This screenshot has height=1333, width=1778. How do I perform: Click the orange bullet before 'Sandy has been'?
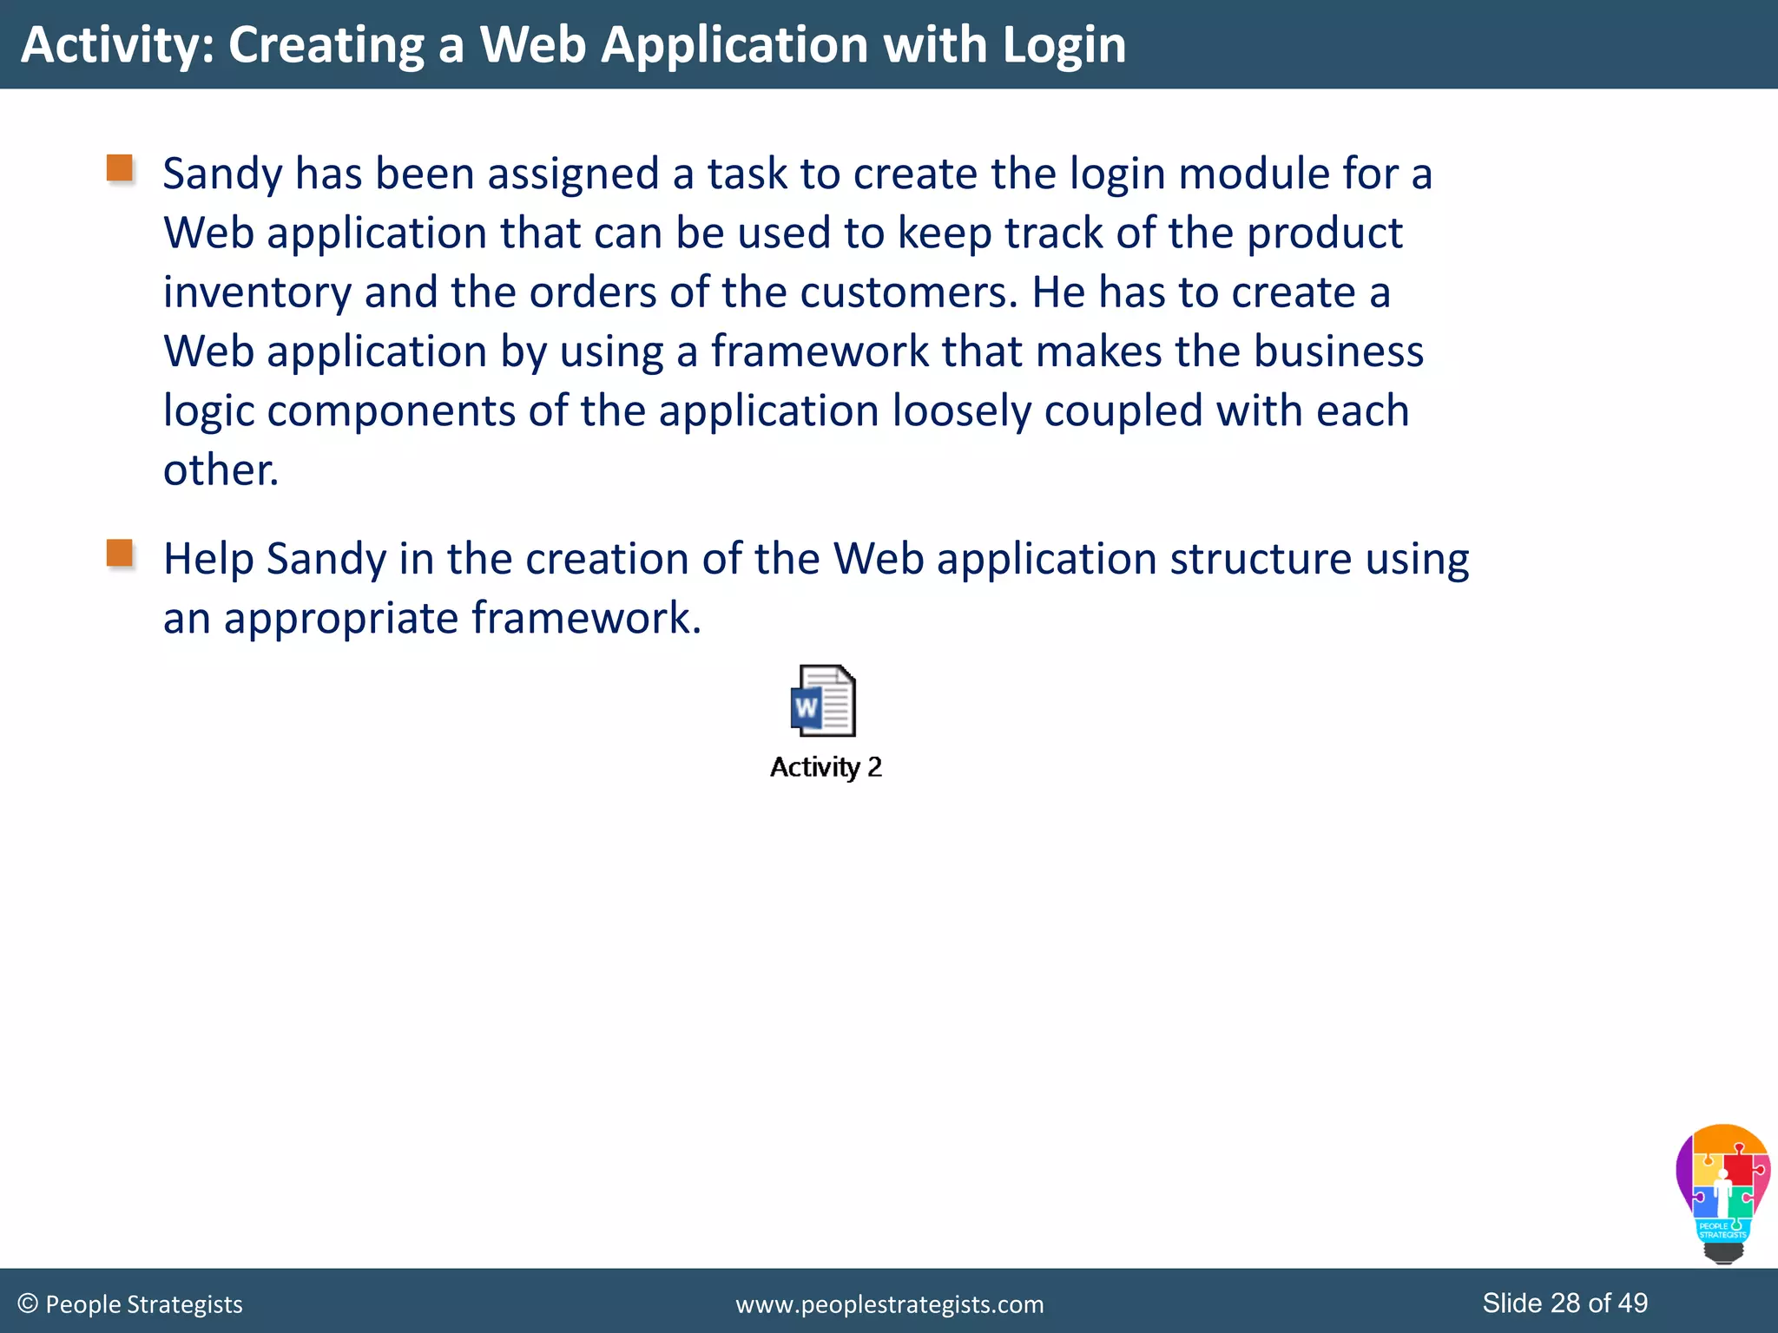coord(120,168)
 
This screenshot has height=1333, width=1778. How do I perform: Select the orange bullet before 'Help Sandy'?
coord(120,553)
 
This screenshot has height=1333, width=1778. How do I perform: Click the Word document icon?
coord(823,701)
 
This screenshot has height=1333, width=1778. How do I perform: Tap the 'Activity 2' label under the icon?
coord(826,767)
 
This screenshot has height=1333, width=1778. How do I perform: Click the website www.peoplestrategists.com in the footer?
coord(889,1304)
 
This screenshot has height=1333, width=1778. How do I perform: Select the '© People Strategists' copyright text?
coord(130,1304)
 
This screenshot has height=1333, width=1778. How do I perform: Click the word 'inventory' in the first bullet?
coord(257,292)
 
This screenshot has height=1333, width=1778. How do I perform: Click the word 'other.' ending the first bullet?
coord(221,470)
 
